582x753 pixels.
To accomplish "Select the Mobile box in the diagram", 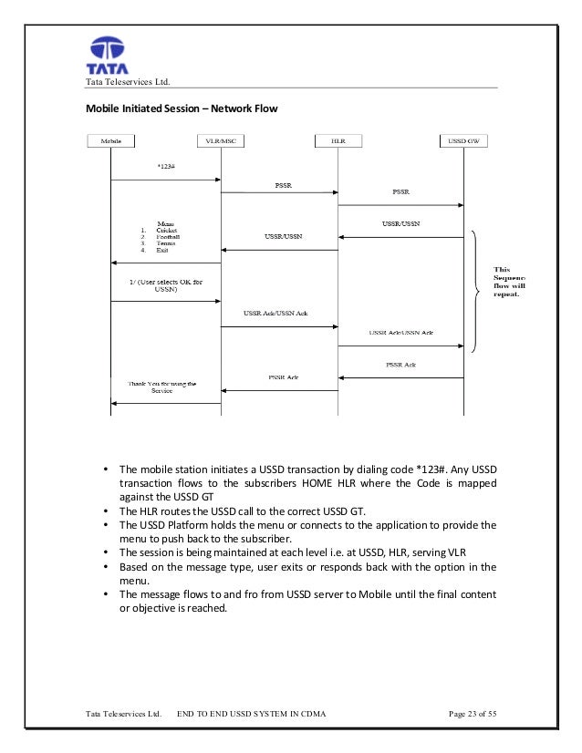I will (110, 141).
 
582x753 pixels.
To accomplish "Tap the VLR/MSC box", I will (222, 141).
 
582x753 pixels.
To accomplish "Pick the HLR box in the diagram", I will (338, 141).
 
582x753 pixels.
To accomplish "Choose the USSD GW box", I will (463, 141).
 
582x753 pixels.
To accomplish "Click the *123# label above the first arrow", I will (167, 166).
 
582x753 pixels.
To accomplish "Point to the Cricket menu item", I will (167, 231).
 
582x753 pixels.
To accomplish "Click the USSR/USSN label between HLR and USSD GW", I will (400, 223).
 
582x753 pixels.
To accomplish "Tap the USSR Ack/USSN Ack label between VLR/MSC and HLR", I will (275, 313).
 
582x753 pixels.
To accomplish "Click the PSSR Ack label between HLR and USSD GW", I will (400, 365).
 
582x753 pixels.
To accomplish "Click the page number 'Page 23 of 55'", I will (473, 713).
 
